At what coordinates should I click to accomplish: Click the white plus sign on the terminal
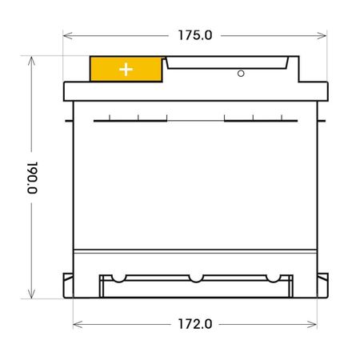126,69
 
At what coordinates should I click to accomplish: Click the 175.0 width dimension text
194,35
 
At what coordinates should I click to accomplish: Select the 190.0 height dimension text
32,178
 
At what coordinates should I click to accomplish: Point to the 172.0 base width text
194,324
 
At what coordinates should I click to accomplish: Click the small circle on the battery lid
240,74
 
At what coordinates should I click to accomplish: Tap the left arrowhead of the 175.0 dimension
66,35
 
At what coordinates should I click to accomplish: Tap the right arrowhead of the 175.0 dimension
324,35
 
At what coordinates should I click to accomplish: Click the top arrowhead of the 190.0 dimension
32,58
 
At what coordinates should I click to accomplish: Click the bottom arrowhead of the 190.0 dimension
32,295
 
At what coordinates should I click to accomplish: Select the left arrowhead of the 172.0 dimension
76,324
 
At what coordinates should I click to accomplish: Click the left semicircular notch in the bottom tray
118,279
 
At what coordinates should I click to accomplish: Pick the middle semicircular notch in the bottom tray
194,279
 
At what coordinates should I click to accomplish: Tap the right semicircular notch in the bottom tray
271,279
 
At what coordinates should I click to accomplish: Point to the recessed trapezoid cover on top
228,62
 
